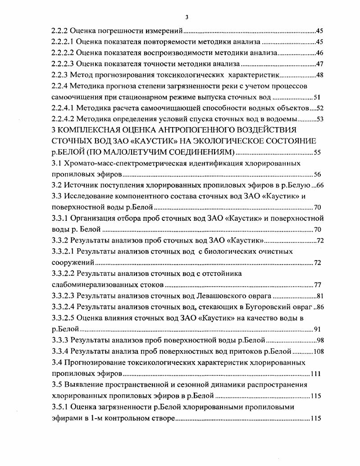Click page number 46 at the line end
click(320, 53)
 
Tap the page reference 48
click(320, 74)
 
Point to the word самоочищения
click(77, 97)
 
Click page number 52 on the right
click(320, 108)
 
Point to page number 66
click(320, 185)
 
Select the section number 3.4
click(57, 362)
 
